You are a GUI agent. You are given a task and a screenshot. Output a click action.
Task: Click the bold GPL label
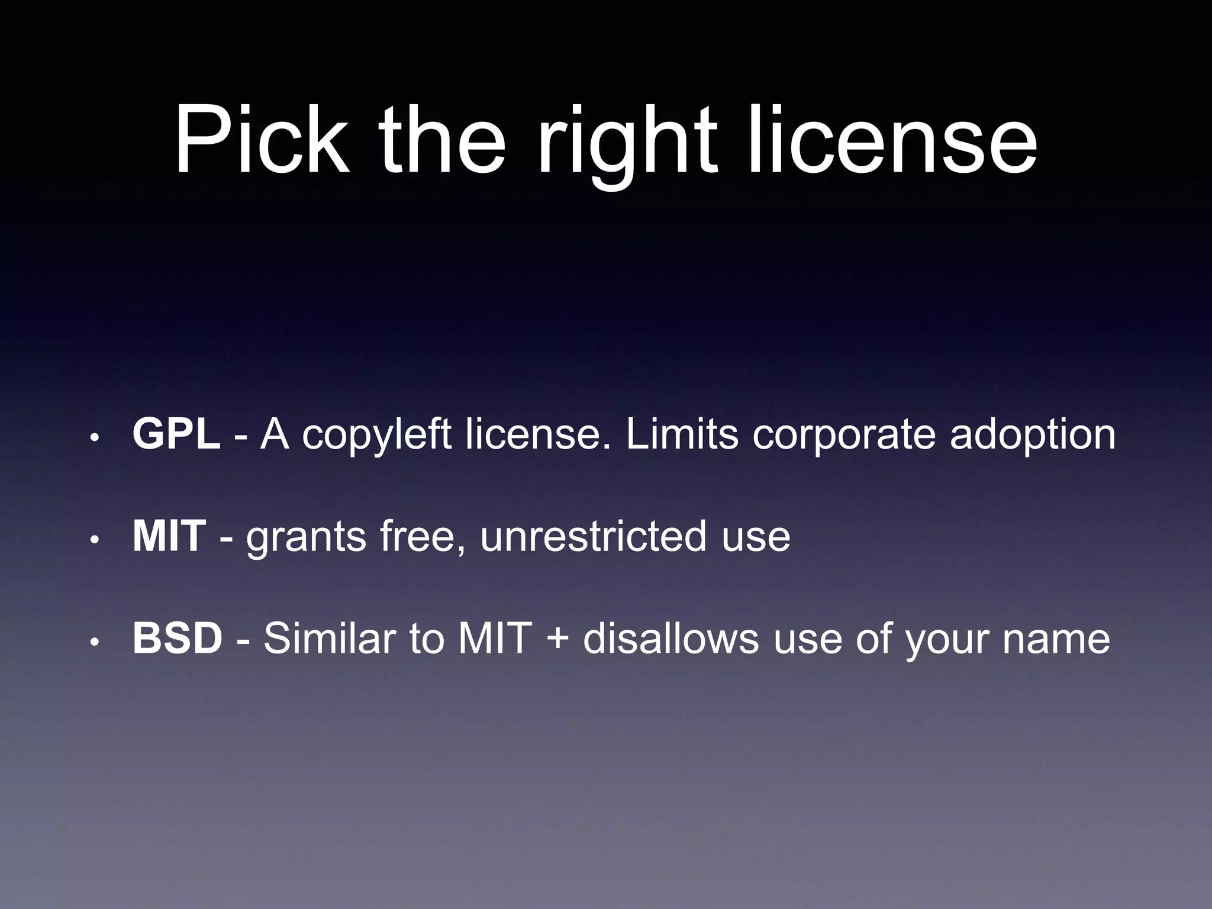[x=176, y=434]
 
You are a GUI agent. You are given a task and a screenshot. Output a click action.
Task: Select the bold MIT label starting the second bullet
[x=169, y=536]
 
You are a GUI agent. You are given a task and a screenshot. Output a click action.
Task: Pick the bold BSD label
[x=177, y=639]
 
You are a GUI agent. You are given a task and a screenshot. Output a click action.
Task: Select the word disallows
[x=671, y=639]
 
